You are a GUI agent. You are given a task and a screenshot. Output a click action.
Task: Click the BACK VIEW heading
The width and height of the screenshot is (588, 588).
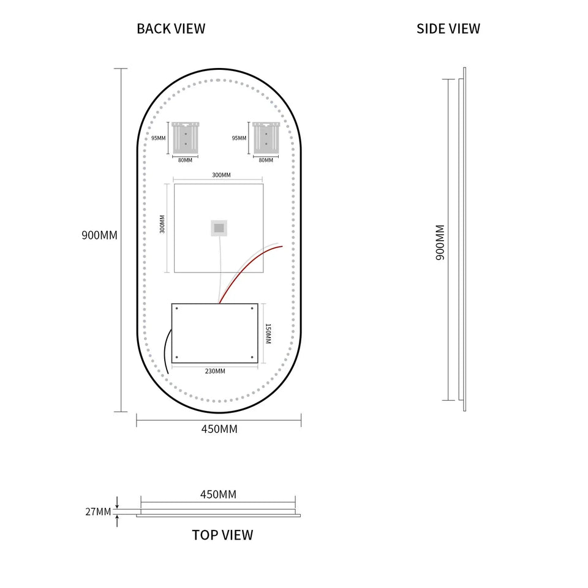[171, 29]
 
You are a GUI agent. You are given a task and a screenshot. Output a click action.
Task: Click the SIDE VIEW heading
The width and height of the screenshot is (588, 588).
[448, 29]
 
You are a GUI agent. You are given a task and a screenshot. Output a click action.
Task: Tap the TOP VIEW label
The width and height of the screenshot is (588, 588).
[222, 535]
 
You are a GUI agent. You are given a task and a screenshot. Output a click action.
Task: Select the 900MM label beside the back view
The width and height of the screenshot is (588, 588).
[99, 235]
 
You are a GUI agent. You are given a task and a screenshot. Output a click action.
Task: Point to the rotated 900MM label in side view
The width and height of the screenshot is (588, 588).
[440, 243]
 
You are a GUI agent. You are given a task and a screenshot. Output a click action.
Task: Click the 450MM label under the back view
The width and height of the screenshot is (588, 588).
[219, 429]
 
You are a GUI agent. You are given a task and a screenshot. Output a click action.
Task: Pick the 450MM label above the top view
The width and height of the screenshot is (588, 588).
[218, 494]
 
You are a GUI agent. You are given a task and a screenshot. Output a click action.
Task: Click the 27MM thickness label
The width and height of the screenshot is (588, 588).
[98, 511]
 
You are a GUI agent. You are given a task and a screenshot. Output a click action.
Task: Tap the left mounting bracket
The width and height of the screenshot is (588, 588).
[185, 138]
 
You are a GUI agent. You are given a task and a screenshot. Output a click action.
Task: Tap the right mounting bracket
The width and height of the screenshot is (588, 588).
[266, 138]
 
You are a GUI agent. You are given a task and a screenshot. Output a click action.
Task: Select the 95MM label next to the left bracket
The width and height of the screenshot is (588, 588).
[158, 138]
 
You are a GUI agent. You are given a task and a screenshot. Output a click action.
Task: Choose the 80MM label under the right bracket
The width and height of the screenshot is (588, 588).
[266, 160]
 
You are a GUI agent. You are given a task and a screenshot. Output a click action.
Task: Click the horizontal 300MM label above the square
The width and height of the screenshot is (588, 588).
[221, 175]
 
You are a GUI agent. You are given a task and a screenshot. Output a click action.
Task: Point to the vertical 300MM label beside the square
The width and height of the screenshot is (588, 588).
[162, 224]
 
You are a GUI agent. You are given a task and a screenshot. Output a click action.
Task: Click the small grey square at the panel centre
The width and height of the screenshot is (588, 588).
[219, 228]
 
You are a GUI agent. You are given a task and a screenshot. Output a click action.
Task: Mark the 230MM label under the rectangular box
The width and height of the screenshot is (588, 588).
[215, 371]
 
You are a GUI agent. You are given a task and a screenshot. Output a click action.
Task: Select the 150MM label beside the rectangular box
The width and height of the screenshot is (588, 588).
[268, 334]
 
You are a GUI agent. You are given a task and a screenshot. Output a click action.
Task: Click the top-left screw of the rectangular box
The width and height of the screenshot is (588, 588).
[176, 308]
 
